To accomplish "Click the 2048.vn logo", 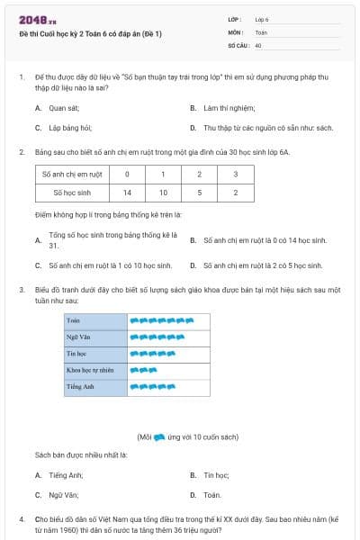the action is point(37,19).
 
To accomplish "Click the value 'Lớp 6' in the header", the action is point(262,18).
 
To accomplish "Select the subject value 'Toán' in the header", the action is point(261,31).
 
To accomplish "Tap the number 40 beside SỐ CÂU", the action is point(258,44).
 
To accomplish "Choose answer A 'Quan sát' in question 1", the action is point(57,107).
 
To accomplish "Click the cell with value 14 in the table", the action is point(127,192).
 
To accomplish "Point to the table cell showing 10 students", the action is point(163,192).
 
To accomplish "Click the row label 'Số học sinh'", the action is point(72,192).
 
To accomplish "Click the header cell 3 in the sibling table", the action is point(236,174).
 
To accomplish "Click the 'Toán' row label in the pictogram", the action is point(74,319).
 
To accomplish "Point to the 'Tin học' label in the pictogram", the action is point(76,354).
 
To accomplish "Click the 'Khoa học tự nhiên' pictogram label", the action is point(90,370).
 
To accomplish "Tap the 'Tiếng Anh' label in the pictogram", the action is point(80,387).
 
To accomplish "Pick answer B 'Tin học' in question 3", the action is point(215,474).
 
